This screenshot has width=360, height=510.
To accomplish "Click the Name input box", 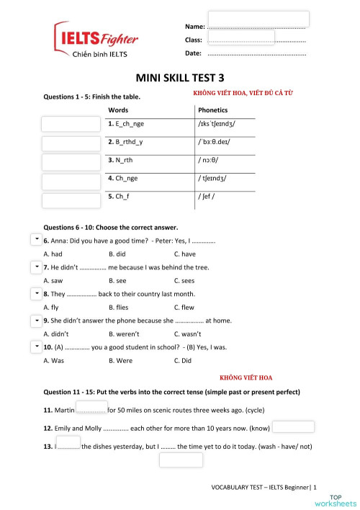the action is (258, 19).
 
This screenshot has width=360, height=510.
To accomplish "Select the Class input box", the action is (240, 37).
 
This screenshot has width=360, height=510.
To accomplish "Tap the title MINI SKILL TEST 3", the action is (180, 78).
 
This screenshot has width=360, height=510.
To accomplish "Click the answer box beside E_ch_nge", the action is (71, 124).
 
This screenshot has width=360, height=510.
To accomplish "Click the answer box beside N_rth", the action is (71, 161).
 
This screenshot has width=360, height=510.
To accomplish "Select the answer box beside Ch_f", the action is (71, 200).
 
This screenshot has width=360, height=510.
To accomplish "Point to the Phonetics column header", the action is (212, 110).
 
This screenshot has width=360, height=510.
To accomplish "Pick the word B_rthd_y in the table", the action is (125, 142).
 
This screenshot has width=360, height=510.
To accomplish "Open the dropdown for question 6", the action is (36, 238).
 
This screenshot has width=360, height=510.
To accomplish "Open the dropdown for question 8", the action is (36, 293).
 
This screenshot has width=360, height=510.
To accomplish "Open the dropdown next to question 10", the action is (36, 346).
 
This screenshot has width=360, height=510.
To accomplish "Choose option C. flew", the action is (184, 308).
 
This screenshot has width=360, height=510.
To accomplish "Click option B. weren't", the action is (124, 334).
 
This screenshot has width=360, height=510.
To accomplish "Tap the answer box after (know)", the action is (293, 427).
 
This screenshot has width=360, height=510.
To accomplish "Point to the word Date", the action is (193, 54).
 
